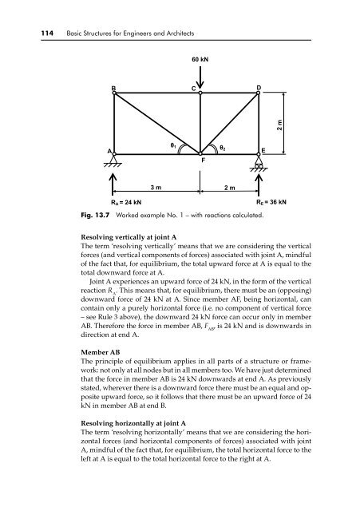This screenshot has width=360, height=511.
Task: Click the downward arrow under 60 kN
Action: click(x=200, y=78)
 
